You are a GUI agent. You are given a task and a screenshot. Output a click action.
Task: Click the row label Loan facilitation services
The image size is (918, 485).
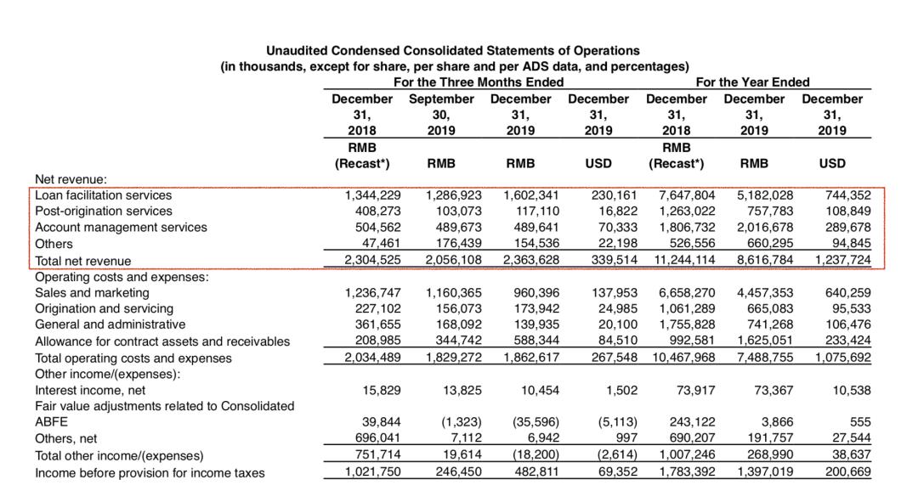click(103, 195)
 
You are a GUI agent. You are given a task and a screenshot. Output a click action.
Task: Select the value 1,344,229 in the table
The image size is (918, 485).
click(369, 195)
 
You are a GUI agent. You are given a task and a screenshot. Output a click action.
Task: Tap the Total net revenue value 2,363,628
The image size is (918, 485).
click(524, 261)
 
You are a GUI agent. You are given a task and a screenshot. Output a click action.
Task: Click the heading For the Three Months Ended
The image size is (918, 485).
click(478, 82)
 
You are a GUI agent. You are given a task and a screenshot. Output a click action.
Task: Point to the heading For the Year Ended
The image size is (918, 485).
click(752, 82)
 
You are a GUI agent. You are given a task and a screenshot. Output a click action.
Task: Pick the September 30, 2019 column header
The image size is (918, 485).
click(442, 115)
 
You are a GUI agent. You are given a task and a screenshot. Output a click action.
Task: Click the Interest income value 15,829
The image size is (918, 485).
click(378, 391)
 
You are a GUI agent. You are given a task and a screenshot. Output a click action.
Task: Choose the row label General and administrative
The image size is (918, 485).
click(110, 324)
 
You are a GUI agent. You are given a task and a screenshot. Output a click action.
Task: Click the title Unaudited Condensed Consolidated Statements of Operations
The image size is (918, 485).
click(453, 51)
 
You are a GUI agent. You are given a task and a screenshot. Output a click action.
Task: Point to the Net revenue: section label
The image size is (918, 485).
click(71, 179)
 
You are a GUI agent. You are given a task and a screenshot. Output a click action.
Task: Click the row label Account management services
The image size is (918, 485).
click(121, 228)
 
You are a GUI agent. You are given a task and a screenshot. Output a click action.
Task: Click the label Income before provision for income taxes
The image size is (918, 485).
click(150, 472)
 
